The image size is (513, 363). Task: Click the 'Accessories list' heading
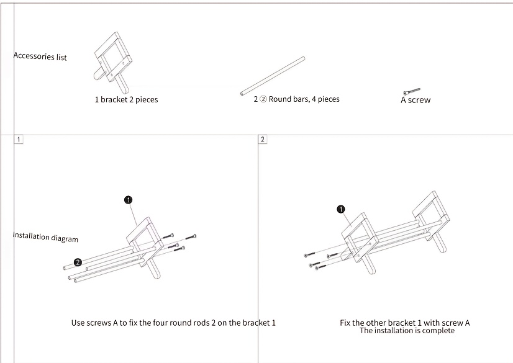tap(40, 56)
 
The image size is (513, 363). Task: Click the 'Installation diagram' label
tap(45, 237)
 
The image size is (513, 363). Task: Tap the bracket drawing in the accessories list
tap(113, 62)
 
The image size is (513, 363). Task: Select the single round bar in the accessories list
tap(273, 76)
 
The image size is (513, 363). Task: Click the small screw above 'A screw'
tap(412, 91)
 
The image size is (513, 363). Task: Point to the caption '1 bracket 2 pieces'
tap(126, 99)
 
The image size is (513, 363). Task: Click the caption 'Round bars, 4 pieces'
tap(304, 99)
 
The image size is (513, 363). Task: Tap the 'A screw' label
tap(415, 100)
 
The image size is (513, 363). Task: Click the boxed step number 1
tap(19, 139)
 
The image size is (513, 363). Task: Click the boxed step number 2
tap(262, 139)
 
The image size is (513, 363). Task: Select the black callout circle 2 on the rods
tap(78, 262)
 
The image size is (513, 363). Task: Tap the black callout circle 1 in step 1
tap(128, 200)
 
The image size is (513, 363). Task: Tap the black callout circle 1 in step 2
tap(341, 209)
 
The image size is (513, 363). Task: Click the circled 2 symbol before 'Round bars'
tap(263, 99)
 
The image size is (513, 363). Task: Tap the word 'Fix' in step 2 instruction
tap(345, 323)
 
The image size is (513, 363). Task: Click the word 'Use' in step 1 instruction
tap(78, 323)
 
